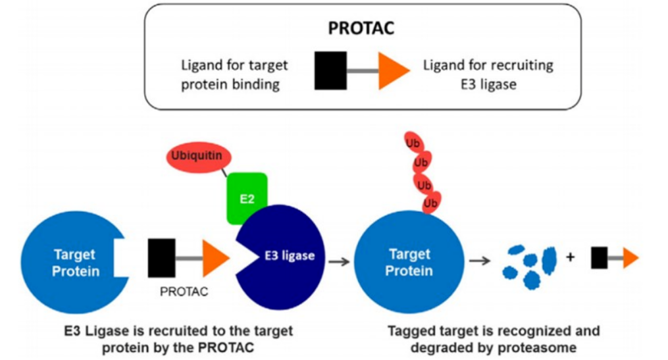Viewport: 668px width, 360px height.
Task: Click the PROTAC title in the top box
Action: pos(361,28)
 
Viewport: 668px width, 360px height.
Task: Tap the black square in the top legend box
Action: pos(330,70)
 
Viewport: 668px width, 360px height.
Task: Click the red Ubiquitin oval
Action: pos(199,157)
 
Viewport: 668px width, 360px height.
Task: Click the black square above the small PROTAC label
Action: pos(161,258)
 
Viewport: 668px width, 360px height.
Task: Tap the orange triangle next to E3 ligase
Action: pos(216,258)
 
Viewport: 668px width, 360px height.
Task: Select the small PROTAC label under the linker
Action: pos(184,292)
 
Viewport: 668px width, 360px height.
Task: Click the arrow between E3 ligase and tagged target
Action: pos(339,261)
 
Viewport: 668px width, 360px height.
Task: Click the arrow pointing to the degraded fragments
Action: pos(480,261)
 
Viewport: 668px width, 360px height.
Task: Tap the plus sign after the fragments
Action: pos(570,257)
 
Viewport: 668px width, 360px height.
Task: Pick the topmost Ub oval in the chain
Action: pos(413,143)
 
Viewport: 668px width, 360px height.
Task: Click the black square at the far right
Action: pos(600,258)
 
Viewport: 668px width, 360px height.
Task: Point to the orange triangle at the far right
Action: pos(631,258)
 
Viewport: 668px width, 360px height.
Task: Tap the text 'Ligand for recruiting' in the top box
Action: pos(488,65)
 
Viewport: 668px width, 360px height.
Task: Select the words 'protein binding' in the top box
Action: pos(230,84)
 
